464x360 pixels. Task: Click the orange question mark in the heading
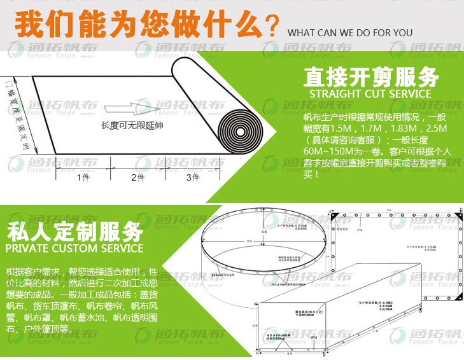point(272,27)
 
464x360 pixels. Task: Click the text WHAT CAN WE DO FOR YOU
point(349,33)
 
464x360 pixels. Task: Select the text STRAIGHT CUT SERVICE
point(370,94)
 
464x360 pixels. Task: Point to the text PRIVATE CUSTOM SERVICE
point(74,247)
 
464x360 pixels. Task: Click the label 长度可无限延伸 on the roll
point(132,125)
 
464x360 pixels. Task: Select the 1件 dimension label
point(83,177)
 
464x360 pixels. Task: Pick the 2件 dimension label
point(138,177)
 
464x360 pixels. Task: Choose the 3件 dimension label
point(193,177)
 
